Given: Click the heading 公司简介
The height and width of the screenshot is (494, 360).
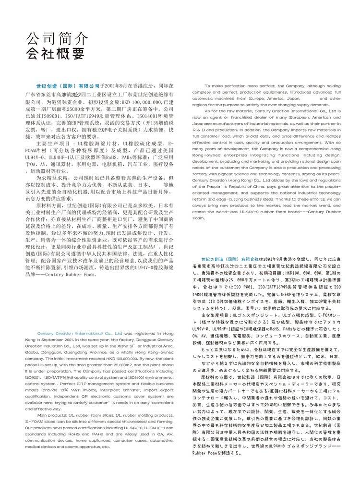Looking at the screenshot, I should tap(56, 38).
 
